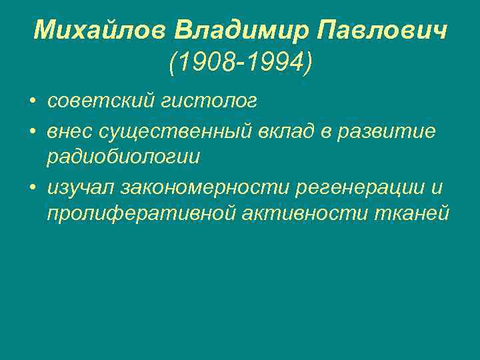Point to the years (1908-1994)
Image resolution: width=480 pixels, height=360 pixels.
(240, 63)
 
